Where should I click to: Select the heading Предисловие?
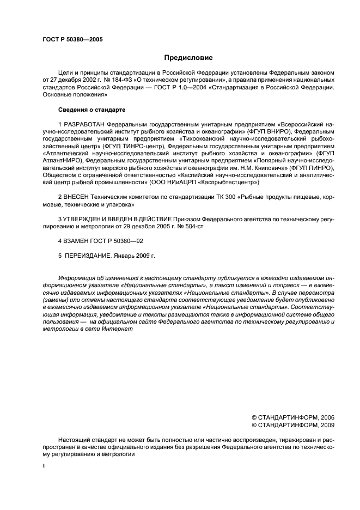click(x=188, y=58)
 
